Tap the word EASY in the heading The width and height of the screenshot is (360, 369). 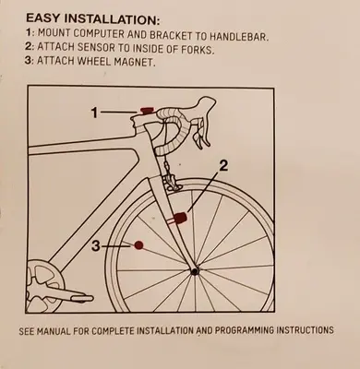click(44, 18)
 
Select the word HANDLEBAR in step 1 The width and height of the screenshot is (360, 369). click(239, 36)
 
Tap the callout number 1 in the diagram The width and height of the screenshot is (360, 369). click(95, 113)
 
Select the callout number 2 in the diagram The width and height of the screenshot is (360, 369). click(223, 166)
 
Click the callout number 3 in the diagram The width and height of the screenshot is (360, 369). click(97, 245)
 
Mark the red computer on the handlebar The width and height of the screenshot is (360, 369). click(147, 110)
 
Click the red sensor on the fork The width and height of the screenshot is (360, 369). click(179, 219)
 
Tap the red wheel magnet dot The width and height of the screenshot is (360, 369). click(138, 244)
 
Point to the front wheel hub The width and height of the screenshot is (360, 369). click(195, 271)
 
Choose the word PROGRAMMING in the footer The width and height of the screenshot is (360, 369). click(244, 330)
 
